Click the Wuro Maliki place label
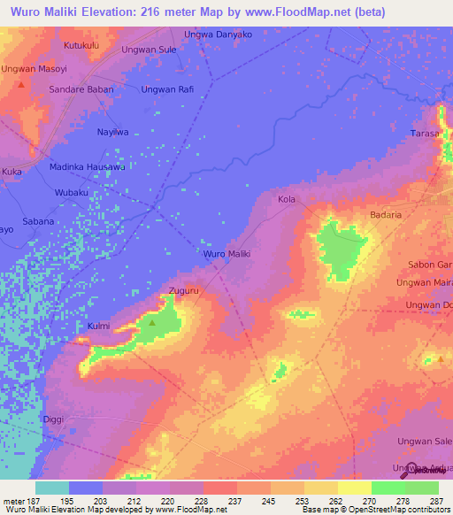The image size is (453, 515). (227, 254)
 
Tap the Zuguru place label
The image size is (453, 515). (182, 290)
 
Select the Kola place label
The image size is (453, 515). (287, 200)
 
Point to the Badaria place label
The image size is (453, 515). (386, 214)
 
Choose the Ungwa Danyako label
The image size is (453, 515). (218, 34)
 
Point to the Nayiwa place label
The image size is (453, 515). (112, 132)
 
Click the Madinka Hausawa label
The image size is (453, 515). (87, 166)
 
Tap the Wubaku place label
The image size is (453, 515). (72, 192)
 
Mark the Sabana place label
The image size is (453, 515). (38, 221)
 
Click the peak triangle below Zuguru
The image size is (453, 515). (152, 322)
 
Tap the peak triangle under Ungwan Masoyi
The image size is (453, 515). (20, 85)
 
